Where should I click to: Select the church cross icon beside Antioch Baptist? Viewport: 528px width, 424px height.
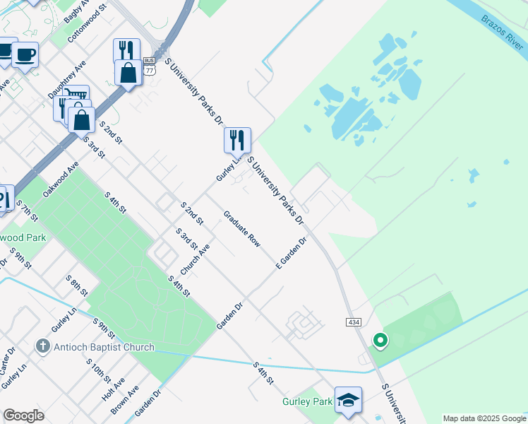pyautogui.click(x=43, y=347)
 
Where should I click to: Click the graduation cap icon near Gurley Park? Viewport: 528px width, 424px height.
pyautogui.click(x=348, y=401)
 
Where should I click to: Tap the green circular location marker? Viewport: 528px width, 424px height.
pyautogui.click(x=380, y=342)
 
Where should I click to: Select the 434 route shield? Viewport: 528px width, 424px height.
pyautogui.click(x=354, y=322)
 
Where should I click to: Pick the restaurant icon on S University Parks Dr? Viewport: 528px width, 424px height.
pyautogui.click(x=237, y=139)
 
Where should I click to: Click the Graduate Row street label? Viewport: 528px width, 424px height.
pyautogui.click(x=242, y=229)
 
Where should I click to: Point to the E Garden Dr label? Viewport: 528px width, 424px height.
pyautogui.click(x=292, y=253)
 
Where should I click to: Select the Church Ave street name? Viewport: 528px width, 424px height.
pyautogui.click(x=195, y=260)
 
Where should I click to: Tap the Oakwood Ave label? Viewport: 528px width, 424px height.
pyautogui.click(x=61, y=179)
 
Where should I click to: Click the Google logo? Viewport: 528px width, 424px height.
pyautogui.click(x=23, y=416)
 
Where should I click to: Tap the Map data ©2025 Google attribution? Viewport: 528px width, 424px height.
pyautogui.click(x=484, y=418)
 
